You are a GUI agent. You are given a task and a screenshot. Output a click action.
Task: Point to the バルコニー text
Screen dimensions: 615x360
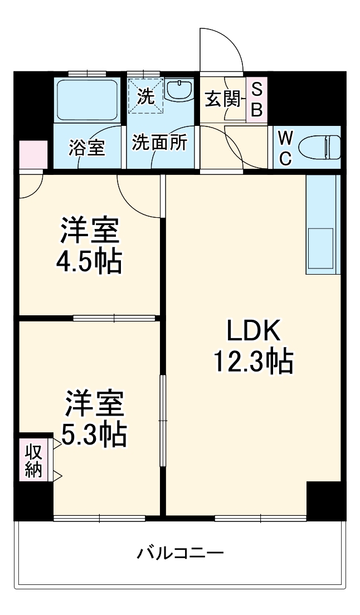pyautogui.click(x=181, y=554)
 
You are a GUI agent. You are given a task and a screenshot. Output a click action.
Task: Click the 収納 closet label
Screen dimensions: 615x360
pyautogui.click(x=33, y=460)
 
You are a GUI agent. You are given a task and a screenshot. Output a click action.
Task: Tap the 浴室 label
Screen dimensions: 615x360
pyautogui.click(x=87, y=149)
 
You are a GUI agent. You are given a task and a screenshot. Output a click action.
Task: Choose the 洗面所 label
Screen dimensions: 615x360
pyautogui.click(x=159, y=143)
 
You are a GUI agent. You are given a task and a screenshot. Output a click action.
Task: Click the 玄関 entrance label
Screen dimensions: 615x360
pyautogui.click(x=221, y=100)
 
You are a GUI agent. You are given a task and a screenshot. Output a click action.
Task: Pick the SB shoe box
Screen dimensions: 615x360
pyautogui.click(x=256, y=100)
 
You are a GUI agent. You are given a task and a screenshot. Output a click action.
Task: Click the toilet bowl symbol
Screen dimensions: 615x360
pyautogui.click(x=319, y=147)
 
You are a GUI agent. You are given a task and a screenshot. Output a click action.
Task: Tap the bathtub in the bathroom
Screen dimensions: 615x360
pyautogui.click(x=87, y=99)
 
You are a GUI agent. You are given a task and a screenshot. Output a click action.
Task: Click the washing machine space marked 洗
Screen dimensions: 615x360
pyautogui.click(x=146, y=96)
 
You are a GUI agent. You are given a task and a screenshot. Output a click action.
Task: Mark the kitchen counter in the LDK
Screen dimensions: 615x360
pyautogui.click(x=322, y=225)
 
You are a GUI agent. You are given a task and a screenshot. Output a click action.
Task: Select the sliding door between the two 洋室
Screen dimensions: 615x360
pyautogui.click(x=114, y=318)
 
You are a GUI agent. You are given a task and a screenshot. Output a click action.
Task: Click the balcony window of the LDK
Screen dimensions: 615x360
pyautogui.click(x=260, y=518)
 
